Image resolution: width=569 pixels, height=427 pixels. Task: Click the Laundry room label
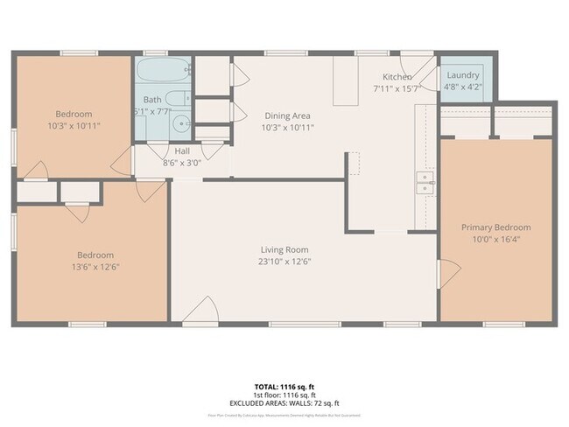coord(463,76)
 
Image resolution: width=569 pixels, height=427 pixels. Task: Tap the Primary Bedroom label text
coord(495,227)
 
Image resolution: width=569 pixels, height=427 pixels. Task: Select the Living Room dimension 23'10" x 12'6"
coord(284,261)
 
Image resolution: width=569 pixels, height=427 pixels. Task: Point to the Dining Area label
coord(288,115)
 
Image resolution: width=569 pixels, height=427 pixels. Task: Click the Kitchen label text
coord(397,77)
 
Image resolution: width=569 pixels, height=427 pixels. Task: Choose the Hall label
coord(181,150)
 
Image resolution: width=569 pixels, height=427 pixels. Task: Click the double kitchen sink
coord(425,184)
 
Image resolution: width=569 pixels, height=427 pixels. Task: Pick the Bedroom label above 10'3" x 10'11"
coord(74,115)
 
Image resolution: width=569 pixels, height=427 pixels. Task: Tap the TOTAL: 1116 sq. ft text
coord(284,386)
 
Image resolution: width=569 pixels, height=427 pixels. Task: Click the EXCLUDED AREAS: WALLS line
coord(284,403)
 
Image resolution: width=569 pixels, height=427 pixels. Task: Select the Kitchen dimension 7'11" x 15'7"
coord(397,87)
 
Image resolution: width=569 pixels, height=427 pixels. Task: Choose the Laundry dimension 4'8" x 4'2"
coord(463,87)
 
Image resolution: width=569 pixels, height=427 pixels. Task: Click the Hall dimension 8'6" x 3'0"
coord(181,162)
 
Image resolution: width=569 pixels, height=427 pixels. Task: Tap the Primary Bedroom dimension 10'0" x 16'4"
coord(495,239)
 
